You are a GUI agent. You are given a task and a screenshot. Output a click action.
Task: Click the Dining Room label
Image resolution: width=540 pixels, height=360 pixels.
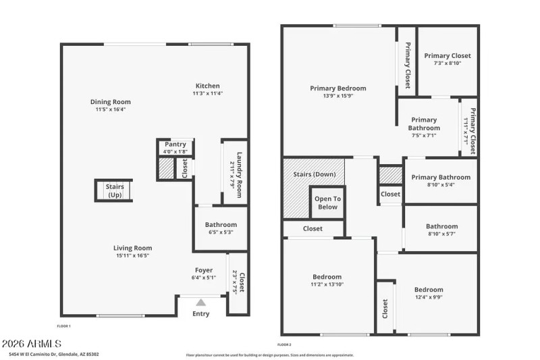click(111, 102)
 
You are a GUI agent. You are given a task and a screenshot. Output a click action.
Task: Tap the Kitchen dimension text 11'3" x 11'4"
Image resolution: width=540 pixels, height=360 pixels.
click(207, 94)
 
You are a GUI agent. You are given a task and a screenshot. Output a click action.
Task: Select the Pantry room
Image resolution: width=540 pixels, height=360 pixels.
click(176, 147)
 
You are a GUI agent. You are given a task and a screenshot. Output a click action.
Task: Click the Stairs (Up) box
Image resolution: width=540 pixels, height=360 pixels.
click(113, 190)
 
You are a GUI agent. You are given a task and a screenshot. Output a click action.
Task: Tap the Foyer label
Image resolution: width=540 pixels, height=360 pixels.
click(204, 270)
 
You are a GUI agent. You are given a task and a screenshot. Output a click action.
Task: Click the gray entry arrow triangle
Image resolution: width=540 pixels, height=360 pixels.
click(200, 302)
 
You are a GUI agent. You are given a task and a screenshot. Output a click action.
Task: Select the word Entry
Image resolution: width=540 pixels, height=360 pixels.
click(201, 313)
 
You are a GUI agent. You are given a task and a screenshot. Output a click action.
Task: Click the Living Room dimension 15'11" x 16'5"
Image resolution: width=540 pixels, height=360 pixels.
click(132, 255)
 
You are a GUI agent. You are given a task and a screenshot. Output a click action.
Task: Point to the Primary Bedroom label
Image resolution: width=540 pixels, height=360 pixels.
click(338, 88)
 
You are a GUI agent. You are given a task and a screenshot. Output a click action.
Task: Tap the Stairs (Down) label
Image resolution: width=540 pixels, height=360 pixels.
click(313, 174)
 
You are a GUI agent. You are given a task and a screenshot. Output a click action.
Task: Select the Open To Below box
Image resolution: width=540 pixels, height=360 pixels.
click(327, 203)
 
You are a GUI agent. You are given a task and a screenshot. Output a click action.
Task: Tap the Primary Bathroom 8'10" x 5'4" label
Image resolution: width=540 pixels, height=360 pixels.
click(441, 178)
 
